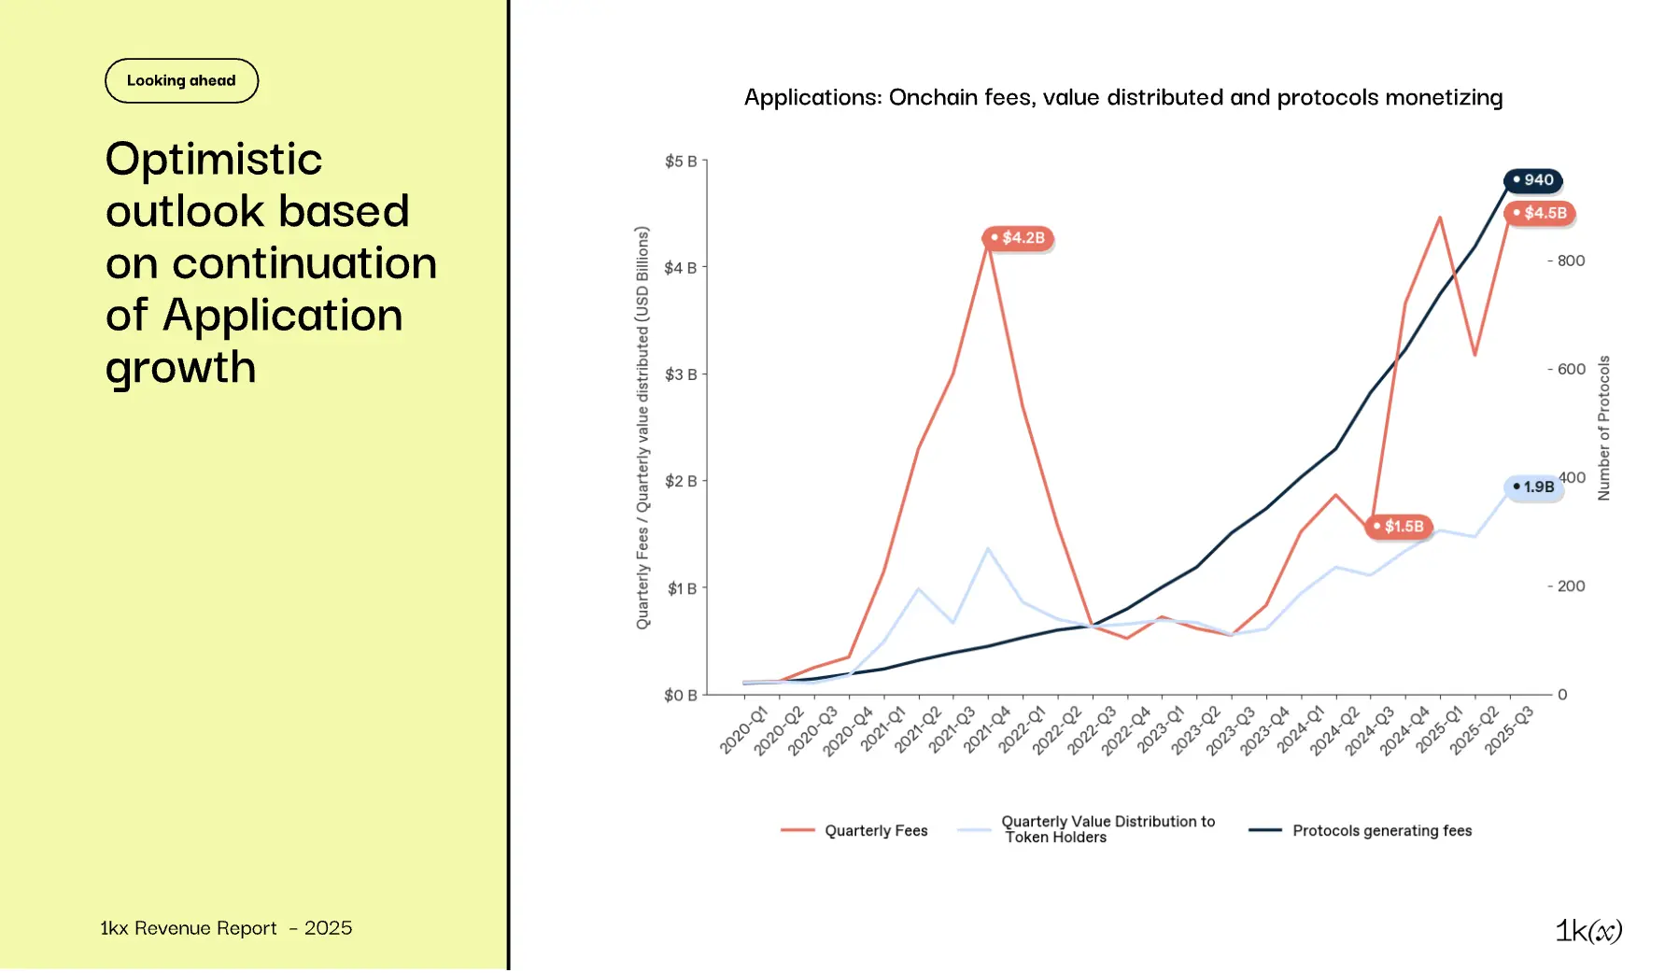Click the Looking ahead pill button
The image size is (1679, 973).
[181, 81]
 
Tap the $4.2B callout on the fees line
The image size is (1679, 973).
[1018, 238]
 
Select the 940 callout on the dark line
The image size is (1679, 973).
[1533, 180]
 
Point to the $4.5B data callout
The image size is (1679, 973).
[1540, 213]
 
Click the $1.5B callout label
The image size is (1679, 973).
[1399, 527]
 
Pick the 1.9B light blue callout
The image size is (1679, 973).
[1534, 487]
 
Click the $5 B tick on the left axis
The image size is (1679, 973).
[681, 162]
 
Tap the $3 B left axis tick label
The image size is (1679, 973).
[681, 375]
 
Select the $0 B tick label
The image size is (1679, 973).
[681, 696]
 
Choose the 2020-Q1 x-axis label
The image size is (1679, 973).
[743, 730]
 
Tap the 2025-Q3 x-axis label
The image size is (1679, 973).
[1509, 730]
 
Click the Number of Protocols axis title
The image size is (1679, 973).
[1604, 428]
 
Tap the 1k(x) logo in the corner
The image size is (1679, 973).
[1588, 931]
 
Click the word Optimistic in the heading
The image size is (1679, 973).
[214, 159]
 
